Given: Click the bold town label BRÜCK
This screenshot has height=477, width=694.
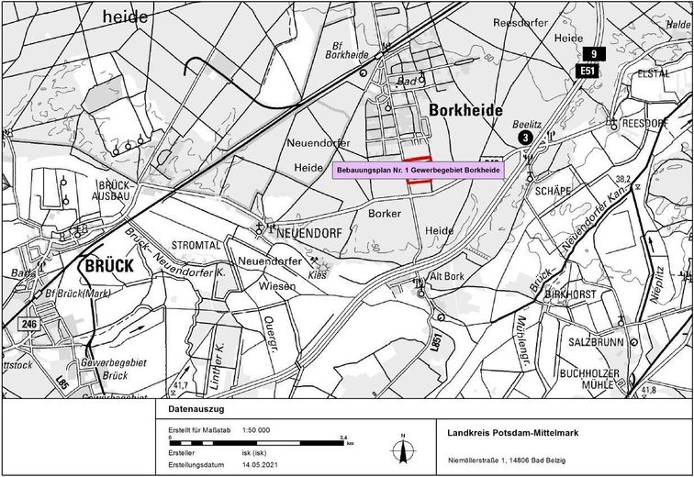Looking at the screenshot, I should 108,266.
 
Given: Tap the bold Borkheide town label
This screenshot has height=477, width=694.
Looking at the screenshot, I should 465,110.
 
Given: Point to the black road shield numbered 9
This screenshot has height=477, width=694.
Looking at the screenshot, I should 594,54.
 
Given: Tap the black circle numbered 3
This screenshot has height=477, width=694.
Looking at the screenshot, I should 524,137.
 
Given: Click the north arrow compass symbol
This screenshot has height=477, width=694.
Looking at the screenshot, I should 402,450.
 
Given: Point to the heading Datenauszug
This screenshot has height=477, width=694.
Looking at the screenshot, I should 196,411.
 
